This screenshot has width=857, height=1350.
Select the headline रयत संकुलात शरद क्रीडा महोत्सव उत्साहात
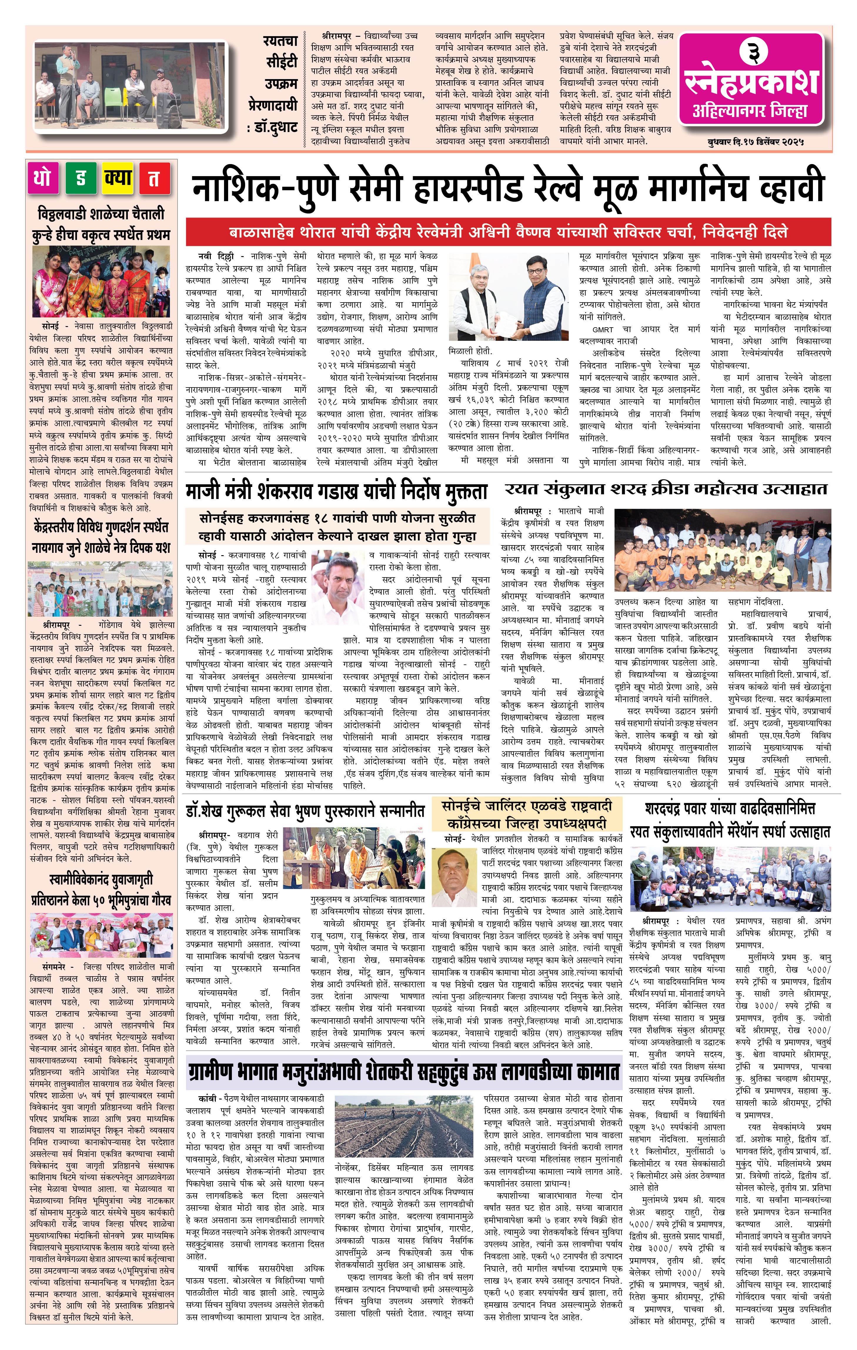pyautogui.click(x=665, y=489)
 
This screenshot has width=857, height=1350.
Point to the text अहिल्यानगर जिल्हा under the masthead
pyautogui.click(x=750, y=111)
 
